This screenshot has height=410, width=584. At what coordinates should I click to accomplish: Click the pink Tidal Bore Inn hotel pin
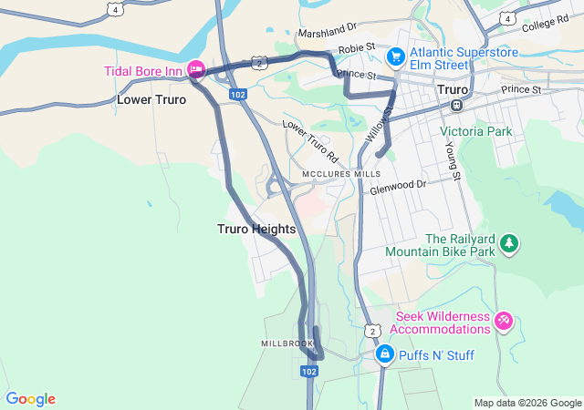[x=195, y=69]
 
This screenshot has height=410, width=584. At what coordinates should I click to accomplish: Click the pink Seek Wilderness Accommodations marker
[x=504, y=321]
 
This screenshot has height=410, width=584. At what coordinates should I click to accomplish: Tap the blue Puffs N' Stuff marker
[x=385, y=354]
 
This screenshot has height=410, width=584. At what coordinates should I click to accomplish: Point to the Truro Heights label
[x=256, y=229]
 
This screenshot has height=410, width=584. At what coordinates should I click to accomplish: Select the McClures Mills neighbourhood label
[x=337, y=173]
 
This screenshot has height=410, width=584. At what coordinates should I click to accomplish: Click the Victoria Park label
[x=476, y=131]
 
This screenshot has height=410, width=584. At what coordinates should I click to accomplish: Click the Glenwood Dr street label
[x=398, y=188]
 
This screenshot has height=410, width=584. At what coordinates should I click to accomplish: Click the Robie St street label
[x=356, y=46]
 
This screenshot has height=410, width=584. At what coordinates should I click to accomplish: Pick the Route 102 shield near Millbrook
[x=309, y=372]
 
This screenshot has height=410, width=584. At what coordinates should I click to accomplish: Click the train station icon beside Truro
[x=456, y=106]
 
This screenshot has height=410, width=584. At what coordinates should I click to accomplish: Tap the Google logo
[x=30, y=399]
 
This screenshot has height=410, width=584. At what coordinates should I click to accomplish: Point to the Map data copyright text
[x=527, y=403]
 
